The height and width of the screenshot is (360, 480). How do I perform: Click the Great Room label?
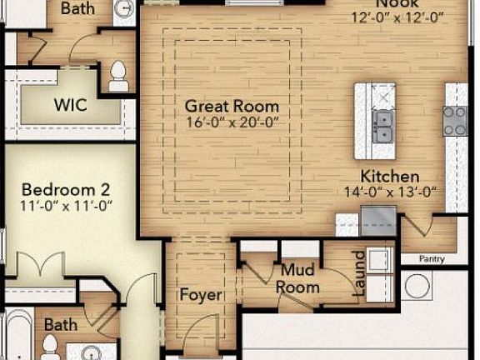[231, 107]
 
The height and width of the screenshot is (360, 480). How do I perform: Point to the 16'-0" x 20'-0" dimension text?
[231, 122]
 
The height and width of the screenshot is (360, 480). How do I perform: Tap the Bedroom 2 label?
[66, 188]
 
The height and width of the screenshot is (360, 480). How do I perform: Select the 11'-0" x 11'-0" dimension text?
[66, 205]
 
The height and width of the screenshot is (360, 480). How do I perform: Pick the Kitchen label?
[389, 177]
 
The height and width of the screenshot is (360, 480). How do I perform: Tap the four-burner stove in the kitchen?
[455, 121]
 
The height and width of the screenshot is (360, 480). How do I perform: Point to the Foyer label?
[201, 295]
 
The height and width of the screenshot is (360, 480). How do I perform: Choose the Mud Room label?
[299, 279]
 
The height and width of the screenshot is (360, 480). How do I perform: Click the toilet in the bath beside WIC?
[118, 75]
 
